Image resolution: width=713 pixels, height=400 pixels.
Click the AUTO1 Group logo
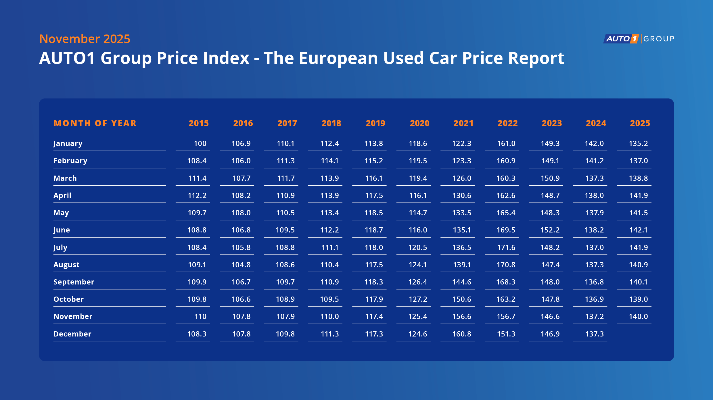[x=639, y=39]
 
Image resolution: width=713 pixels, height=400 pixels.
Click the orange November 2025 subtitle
[x=85, y=39]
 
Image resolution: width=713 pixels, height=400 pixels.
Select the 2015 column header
[x=199, y=123]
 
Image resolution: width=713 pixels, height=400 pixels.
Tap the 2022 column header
[x=507, y=123]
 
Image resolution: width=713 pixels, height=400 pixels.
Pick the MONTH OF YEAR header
[x=95, y=123]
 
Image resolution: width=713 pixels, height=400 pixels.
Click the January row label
[x=68, y=143]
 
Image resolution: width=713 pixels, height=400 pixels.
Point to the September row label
[x=74, y=282]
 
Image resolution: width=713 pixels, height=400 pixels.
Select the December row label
[x=72, y=334]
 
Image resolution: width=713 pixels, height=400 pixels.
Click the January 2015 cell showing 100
[x=200, y=143]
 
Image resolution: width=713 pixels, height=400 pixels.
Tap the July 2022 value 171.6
[x=506, y=247]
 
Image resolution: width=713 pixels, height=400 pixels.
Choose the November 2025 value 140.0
[x=638, y=316]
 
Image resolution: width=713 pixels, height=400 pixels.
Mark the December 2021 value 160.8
[x=462, y=334]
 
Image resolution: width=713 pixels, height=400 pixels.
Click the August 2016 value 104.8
[x=241, y=265]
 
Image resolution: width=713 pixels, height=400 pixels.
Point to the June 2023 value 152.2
[x=550, y=230]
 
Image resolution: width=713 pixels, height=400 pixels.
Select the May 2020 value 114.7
[x=418, y=213]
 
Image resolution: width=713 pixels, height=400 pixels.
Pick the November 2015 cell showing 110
[x=200, y=316]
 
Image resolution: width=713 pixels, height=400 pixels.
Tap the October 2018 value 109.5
[x=329, y=299]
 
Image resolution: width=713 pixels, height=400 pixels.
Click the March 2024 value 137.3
[x=594, y=178]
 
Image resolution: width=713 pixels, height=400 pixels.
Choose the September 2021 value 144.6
[x=462, y=282]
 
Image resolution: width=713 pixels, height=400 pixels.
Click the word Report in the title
[x=536, y=58]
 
